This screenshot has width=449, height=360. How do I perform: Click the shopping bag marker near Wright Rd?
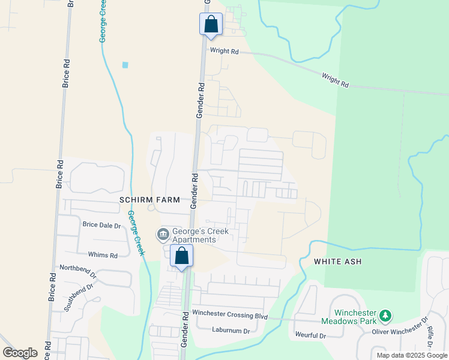click(211, 25)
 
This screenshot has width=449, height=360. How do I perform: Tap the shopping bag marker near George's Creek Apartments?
click(181, 256)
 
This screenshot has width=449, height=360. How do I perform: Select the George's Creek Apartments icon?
click(163, 234)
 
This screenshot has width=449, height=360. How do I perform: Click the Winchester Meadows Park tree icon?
click(386, 315)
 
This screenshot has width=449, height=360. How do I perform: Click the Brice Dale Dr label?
click(102, 225)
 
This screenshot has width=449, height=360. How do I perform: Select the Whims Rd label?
click(103, 255)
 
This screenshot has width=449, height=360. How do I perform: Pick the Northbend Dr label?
click(77, 271)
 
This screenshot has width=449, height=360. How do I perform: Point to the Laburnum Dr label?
click(231, 330)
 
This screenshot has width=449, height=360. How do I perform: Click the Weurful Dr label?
click(310, 335)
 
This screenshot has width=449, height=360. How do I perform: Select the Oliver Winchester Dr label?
click(399, 328)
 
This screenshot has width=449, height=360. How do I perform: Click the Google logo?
click(20, 353)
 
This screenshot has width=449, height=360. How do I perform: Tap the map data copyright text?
click(412, 355)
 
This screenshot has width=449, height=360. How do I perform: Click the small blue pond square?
click(125, 65)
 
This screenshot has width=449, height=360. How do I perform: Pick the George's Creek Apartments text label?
click(194, 235)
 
